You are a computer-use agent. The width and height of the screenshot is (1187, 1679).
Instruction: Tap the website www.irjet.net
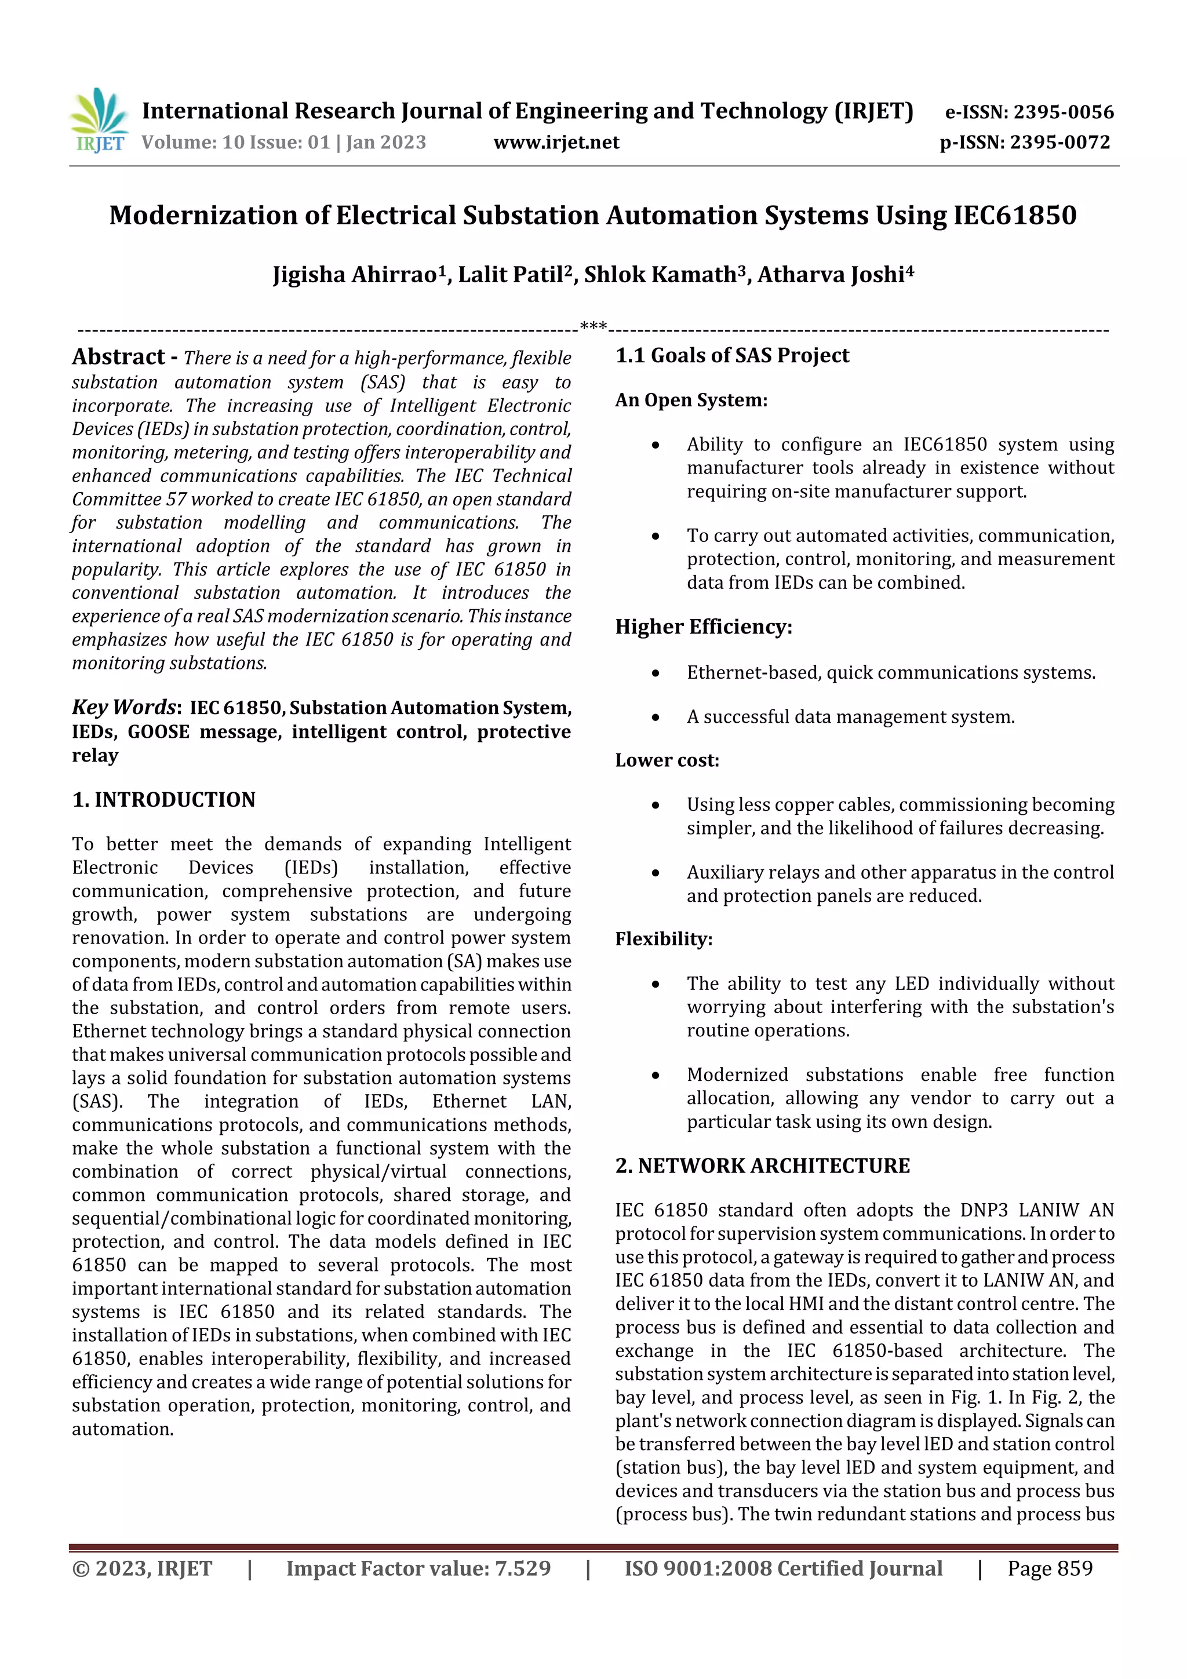[x=556, y=143]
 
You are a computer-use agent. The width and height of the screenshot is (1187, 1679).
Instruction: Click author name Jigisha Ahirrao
[x=355, y=275]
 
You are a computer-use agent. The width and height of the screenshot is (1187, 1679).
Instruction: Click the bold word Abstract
[x=118, y=357]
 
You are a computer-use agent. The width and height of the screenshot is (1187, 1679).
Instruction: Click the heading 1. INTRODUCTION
[x=164, y=799]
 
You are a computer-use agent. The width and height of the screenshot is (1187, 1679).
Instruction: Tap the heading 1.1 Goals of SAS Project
[x=732, y=355]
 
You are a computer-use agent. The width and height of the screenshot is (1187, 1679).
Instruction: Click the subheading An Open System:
[x=691, y=400]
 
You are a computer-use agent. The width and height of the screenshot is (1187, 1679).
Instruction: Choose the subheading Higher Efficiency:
[x=704, y=627]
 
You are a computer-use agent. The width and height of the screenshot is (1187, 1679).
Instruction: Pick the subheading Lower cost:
[x=667, y=760]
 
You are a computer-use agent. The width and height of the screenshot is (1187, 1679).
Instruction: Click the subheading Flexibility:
[x=664, y=939]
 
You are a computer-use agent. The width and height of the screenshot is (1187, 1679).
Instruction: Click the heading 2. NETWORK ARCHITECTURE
[x=763, y=1166]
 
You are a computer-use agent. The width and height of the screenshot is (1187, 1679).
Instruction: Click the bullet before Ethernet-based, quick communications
[x=656, y=673]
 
